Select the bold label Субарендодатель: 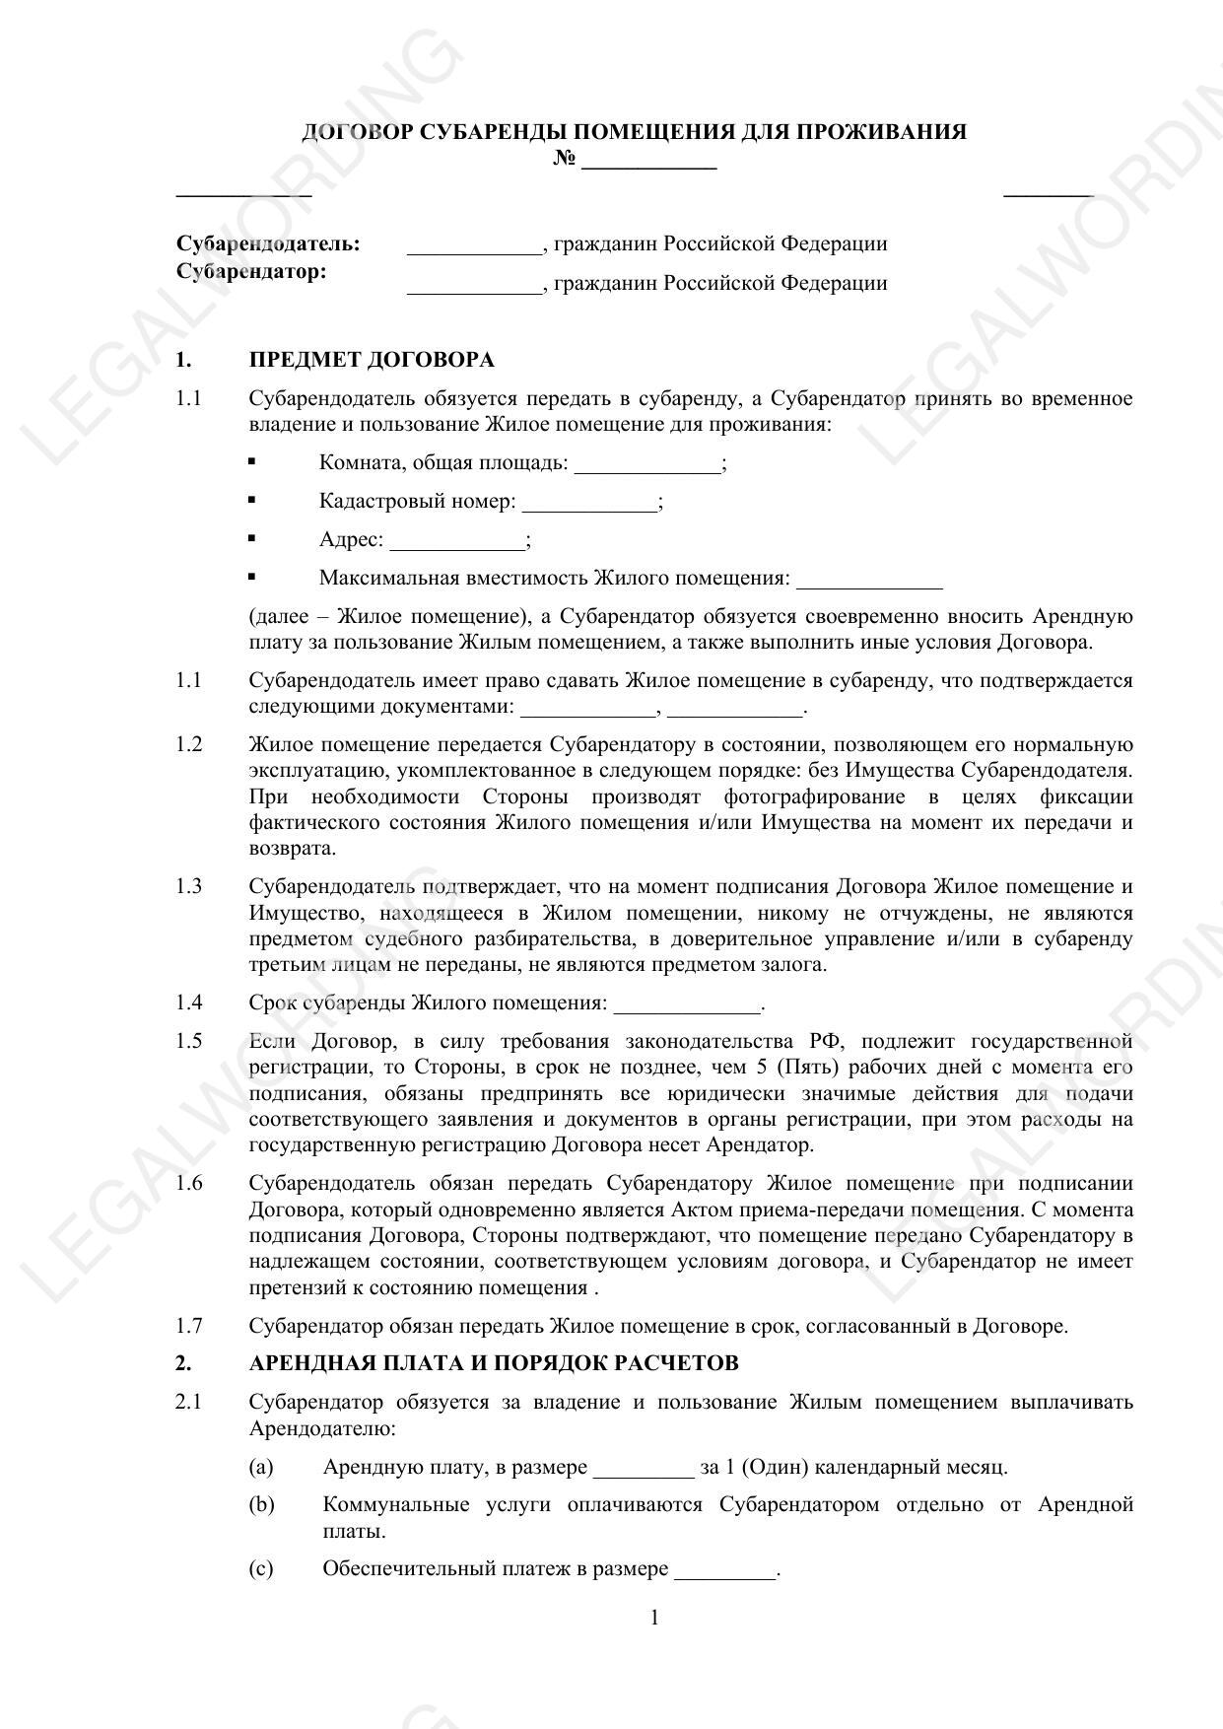[268, 243]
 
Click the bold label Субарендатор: [251, 271]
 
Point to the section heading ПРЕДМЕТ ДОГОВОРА [372, 360]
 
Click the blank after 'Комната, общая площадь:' [647, 464]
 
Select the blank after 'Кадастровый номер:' [588, 503]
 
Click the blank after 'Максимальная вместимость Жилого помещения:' [869, 580]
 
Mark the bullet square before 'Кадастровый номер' [252, 500]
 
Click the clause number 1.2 [188, 744]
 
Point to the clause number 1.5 [188, 1042]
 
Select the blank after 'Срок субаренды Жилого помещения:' [687, 1004]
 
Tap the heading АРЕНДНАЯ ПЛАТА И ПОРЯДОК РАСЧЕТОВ [494, 1363]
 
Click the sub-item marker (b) [261, 1505]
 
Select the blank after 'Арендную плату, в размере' [644, 1469]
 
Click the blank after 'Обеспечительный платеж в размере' [724, 1570]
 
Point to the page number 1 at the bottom [655, 1618]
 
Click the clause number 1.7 [188, 1326]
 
